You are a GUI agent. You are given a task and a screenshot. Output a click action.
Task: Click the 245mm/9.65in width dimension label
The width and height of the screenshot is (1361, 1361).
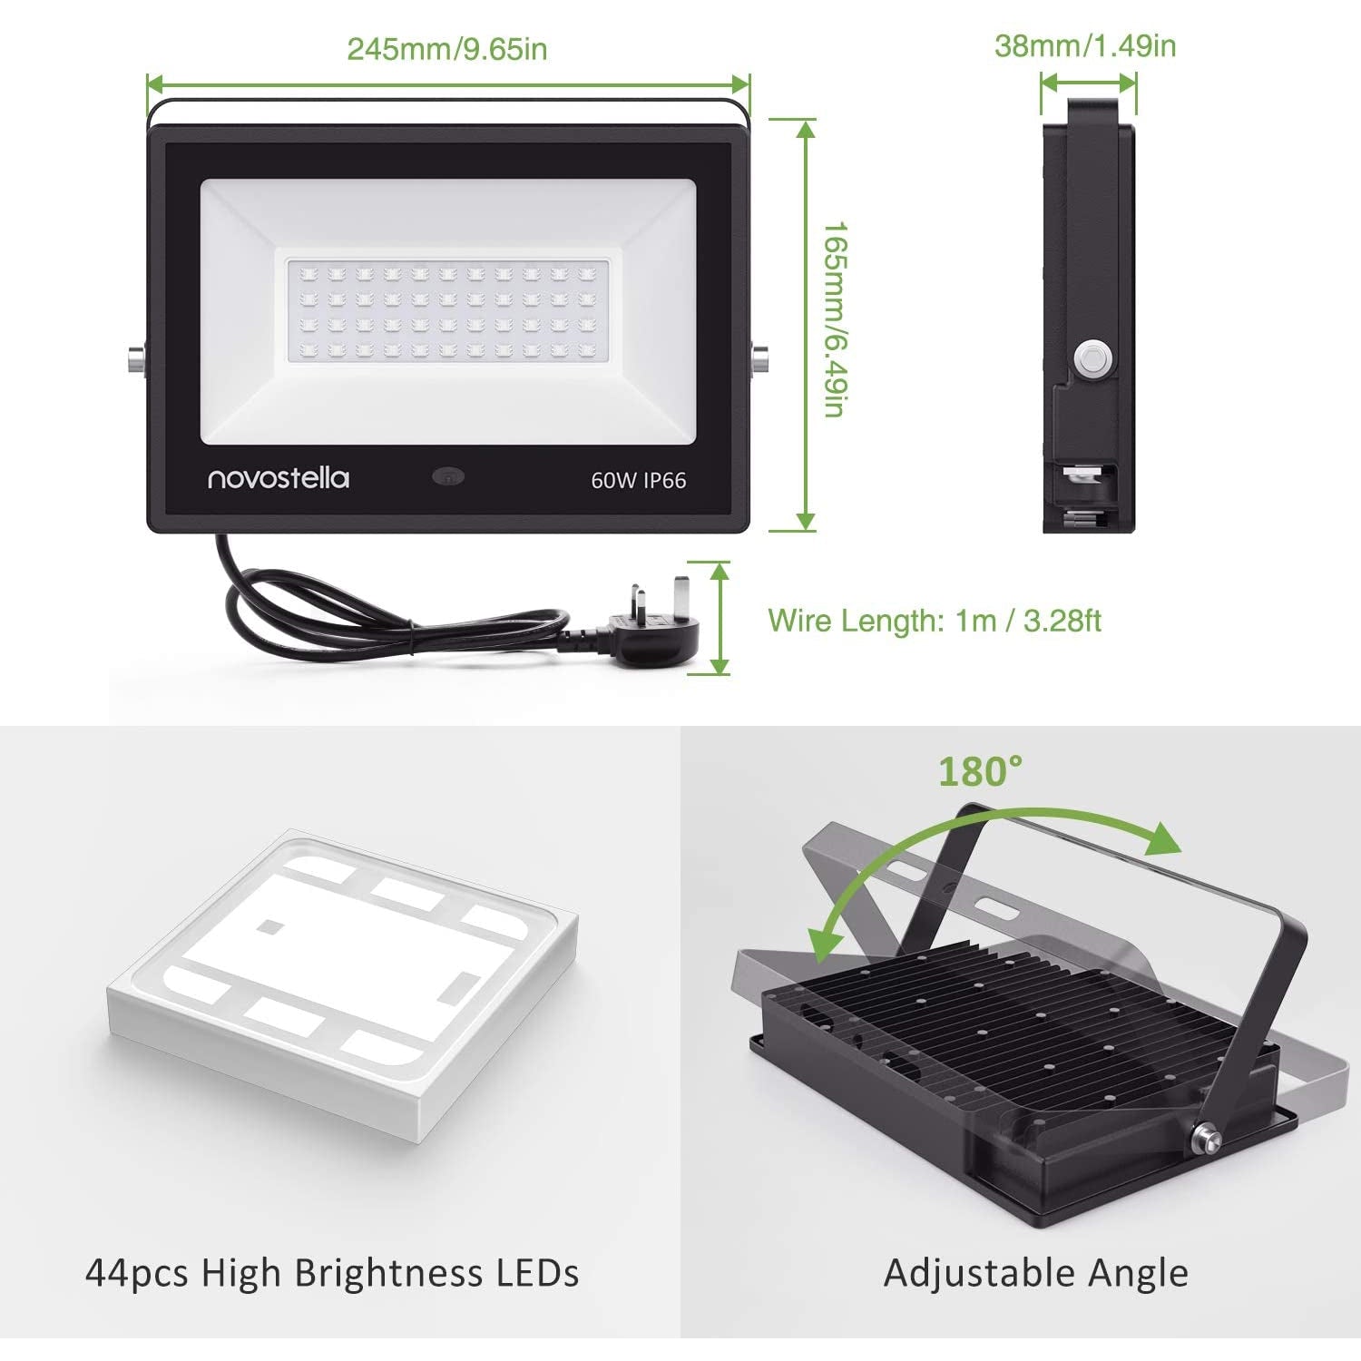click(447, 48)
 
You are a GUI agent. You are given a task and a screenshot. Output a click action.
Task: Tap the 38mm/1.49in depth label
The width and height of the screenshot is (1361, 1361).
click(1085, 45)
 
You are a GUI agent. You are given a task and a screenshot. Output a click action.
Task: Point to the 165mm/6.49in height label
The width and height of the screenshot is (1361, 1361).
click(834, 320)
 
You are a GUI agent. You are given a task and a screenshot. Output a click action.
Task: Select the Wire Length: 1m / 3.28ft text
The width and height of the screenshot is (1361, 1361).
click(935, 621)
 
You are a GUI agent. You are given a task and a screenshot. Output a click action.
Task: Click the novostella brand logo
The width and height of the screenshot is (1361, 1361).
click(279, 477)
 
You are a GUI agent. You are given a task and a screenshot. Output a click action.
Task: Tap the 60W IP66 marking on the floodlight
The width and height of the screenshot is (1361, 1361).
click(639, 480)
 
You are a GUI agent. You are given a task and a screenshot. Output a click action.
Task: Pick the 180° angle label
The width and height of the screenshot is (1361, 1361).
click(980, 771)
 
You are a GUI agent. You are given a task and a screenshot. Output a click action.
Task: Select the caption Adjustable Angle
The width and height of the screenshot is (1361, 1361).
click(1036, 1273)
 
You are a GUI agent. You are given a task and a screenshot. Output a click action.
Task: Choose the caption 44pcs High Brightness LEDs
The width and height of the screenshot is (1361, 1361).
click(332, 1272)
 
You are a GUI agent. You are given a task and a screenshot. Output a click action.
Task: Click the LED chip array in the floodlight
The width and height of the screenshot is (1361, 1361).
click(447, 311)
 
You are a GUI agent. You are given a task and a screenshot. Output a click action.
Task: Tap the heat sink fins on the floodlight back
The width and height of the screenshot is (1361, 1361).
click(1025, 1016)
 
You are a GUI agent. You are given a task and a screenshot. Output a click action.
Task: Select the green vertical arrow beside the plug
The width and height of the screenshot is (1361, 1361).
click(720, 618)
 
